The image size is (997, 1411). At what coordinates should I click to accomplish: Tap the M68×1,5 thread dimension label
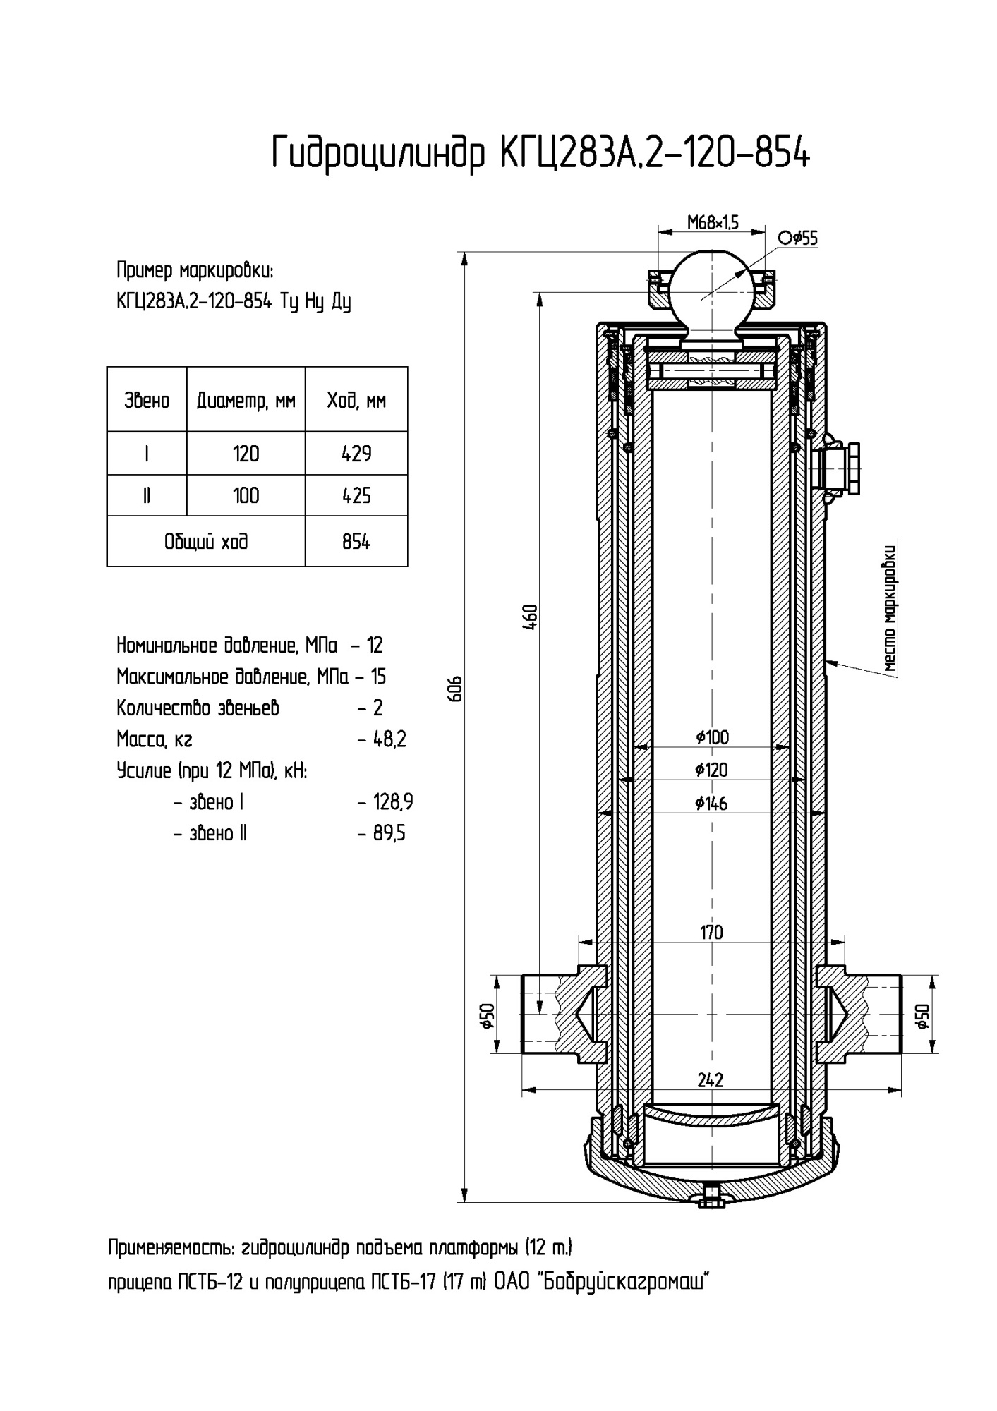pos(712,223)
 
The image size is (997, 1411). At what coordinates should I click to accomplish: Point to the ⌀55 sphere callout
pos(799,238)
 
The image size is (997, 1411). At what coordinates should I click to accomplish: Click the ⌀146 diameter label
pos(711,803)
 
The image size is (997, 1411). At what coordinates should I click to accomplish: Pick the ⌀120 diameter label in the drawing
pos(711,770)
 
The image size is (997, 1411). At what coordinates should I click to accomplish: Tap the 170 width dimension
pos(711,933)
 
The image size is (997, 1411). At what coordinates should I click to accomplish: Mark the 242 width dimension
pos(710,1080)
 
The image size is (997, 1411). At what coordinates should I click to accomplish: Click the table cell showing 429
pos(356,454)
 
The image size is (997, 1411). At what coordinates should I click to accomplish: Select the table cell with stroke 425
pos(356,495)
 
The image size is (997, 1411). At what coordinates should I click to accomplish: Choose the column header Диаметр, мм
pos(246,401)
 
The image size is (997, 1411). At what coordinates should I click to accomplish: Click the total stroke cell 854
pos(356,542)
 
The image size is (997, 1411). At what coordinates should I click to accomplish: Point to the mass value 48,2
pos(389,739)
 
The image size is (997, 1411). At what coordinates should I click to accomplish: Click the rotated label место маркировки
pos(890,608)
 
